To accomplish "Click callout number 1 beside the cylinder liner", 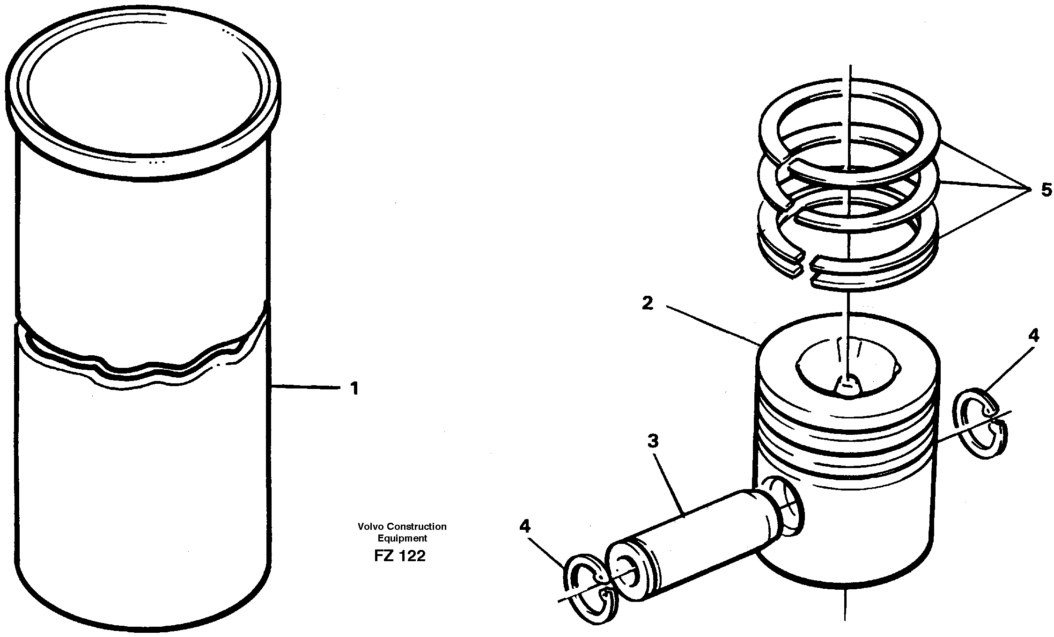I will pyautogui.click(x=354, y=388).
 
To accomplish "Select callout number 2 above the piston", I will pyautogui.click(x=647, y=304).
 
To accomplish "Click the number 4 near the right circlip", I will pyautogui.click(x=1033, y=336).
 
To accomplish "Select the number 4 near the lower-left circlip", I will pyautogui.click(x=525, y=527).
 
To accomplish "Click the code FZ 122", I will pyautogui.click(x=400, y=556).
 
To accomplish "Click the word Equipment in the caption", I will pyautogui.click(x=402, y=538).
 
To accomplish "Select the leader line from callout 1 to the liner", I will pyautogui.click(x=304, y=387).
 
